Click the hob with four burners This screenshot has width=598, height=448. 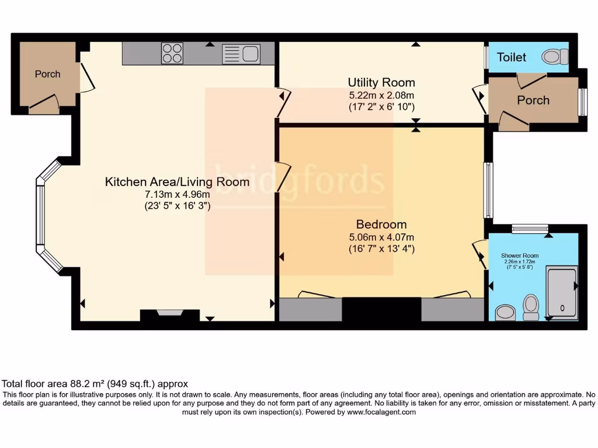point(172,54)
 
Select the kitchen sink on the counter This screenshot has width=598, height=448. point(241,54)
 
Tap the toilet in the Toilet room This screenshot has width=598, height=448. point(554,57)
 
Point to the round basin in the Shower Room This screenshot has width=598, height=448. point(505,314)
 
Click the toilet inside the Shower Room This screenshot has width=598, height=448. point(531,306)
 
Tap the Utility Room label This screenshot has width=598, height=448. point(381,82)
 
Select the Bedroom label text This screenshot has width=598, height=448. point(381,225)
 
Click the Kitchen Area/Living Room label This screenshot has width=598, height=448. point(177,182)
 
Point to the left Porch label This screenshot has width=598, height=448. point(47,74)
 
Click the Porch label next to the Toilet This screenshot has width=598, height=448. point(533,100)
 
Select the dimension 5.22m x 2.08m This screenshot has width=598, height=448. point(381,95)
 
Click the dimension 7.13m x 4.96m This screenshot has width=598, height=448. point(177,194)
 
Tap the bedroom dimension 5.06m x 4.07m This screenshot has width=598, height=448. point(381,237)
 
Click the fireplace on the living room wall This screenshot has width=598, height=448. point(161,314)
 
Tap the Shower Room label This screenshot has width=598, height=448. point(519,256)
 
